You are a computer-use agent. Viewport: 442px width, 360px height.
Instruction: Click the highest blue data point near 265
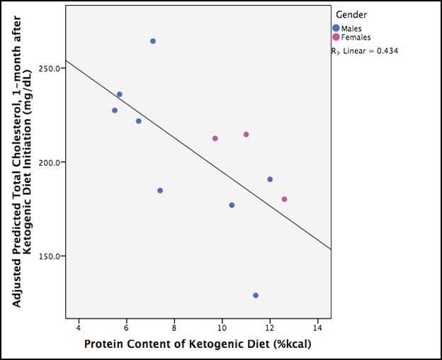point(152,41)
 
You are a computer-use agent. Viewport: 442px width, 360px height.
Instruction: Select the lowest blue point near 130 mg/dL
point(256,296)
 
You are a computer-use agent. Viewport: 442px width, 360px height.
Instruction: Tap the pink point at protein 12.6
point(284,199)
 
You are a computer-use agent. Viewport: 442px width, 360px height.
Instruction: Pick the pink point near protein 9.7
point(215,138)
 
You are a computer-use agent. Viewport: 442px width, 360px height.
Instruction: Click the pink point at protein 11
point(246,135)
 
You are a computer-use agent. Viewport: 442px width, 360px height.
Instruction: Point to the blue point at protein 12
point(270,179)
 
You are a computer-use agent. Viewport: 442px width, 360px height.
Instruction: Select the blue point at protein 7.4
point(160,191)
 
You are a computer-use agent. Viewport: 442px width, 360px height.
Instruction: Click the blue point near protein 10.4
point(232,205)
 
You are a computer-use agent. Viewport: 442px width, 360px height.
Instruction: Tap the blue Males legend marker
point(336,28)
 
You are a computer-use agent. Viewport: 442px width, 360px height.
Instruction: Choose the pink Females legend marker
point(336,37)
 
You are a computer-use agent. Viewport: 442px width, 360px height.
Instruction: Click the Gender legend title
point(351,14)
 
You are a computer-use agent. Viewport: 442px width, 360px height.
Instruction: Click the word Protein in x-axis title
point(103,345)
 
